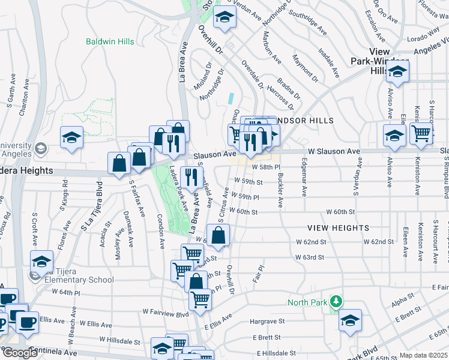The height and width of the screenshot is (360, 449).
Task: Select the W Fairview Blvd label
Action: click(x=166, y=313)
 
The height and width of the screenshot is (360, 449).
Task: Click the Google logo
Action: click(x=19, y=353)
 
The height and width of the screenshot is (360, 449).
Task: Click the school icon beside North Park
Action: click(x=350, y=322)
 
